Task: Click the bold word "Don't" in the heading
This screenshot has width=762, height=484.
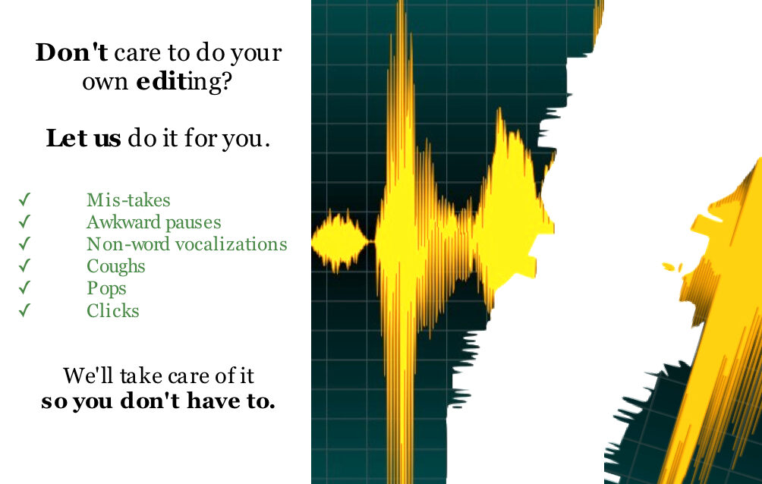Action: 71,52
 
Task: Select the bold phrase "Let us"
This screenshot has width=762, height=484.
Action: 83,138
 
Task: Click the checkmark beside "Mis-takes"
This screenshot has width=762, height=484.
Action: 25,200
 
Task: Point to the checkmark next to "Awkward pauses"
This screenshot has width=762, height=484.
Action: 25,222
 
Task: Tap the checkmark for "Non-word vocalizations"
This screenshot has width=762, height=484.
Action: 25,244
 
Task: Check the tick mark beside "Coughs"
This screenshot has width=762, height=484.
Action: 25,266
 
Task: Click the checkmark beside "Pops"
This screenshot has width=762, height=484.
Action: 25,288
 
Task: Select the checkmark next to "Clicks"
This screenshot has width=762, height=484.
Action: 25,310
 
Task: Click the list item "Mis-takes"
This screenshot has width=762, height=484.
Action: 128,200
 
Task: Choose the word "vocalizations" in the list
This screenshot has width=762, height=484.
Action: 231,244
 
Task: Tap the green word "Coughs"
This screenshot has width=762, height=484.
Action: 115,267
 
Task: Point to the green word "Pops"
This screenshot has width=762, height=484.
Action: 106,288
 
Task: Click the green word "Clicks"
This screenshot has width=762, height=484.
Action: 113,310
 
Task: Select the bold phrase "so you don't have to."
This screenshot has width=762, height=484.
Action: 158,401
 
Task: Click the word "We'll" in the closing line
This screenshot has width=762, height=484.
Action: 88,376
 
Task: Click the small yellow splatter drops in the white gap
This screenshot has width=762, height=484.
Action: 672,267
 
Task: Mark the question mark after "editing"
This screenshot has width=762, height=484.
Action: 225,81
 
